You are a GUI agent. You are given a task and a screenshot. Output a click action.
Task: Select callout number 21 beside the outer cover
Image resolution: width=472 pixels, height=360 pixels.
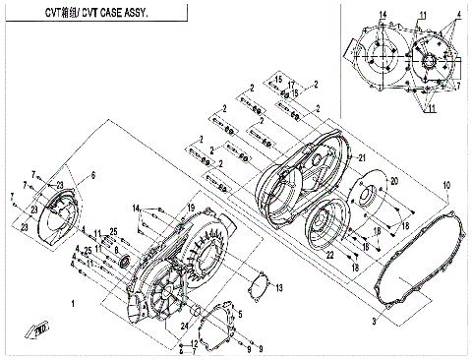click(x=362, y=158)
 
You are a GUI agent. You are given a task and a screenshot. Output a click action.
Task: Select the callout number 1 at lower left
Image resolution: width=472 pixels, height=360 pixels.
click(x=73, y=305)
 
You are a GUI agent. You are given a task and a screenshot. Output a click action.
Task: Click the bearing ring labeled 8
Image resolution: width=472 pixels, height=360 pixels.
click(x=123, y=259)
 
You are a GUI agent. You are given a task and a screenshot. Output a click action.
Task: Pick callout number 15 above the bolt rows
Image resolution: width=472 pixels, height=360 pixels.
click(x=278, y=78)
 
